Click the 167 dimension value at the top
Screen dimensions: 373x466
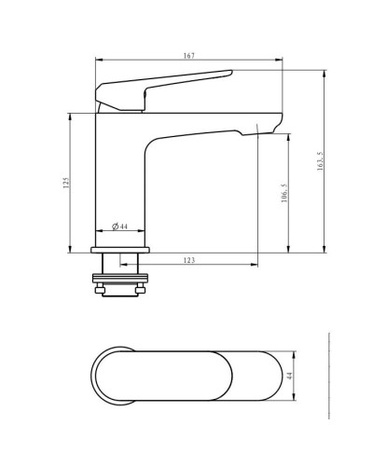[189, 56]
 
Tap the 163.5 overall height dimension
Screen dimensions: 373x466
[320, 161]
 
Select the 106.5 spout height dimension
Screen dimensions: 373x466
[284, 193]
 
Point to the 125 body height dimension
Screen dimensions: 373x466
[65, 183]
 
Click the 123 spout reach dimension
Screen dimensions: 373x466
[189, 260]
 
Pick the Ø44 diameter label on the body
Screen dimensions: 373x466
[119, 226]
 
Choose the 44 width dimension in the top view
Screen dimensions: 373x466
[289, 376]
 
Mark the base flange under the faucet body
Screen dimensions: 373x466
[120, 250]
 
